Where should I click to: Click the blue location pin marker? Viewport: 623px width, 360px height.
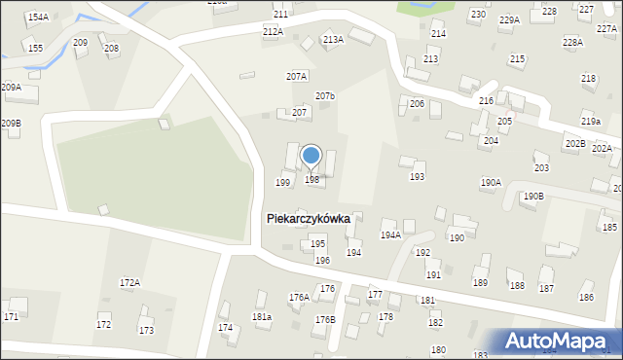coord(311,156)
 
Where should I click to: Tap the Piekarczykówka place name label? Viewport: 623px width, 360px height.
coord(308,220)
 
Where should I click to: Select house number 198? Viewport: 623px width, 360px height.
coord(311,180)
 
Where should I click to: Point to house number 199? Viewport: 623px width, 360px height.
coord(283,183)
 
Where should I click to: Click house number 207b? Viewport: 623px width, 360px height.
coord(325,96)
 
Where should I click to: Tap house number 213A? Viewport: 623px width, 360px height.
coord(333,40)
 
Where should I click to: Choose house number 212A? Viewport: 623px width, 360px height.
coord(273,32)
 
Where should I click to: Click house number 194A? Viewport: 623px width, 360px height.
coord(390,235)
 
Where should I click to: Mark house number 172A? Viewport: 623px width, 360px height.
coord(129,282)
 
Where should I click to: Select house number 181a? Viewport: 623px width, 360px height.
coord(261,317)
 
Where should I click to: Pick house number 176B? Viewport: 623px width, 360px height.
coord(325,320)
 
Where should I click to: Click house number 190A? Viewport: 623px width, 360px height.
coord(491,183)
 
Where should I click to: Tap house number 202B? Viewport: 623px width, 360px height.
coord(574,144)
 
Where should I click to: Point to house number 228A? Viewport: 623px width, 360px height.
coord(572,43)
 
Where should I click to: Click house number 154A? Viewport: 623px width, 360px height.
coord(38,18)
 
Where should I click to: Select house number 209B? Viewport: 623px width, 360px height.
coord(11,124)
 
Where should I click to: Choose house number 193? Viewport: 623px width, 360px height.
coord(417,177)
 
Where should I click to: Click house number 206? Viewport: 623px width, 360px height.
coord(417,104)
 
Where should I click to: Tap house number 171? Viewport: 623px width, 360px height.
coord(11,317)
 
